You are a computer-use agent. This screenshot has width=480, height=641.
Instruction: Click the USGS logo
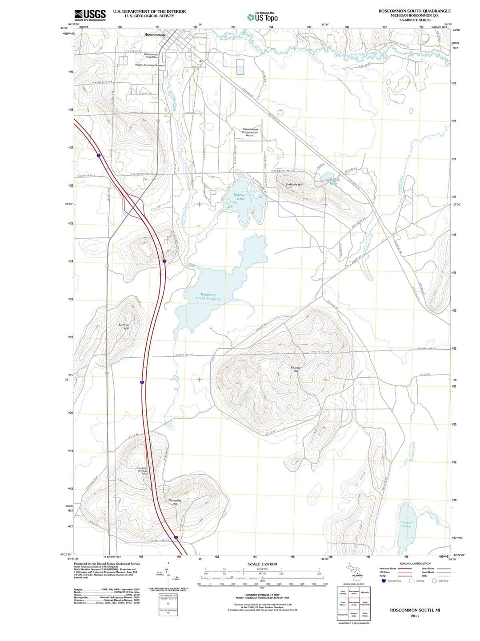coord(90,16)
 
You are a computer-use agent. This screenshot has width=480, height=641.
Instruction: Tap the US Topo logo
coord(263,17)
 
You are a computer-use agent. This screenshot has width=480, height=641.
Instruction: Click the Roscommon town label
coord(155,35)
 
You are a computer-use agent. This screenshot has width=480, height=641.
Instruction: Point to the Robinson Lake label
coord(241,197)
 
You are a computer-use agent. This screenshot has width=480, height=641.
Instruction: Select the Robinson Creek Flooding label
coord(208,296)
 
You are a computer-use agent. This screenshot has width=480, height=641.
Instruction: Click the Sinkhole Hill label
coord(294,184)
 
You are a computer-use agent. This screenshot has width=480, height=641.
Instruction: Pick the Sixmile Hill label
coord(124,327)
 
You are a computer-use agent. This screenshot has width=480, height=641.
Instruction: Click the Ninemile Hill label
coord(175,502)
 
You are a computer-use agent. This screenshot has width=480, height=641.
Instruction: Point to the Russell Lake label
coord(406,524)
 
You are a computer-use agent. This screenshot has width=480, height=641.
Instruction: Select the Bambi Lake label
coord(334,181)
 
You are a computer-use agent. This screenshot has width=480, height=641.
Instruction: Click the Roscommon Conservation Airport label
coord(250,132)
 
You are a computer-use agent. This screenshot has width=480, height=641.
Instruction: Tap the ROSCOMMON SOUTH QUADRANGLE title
coord(414,11)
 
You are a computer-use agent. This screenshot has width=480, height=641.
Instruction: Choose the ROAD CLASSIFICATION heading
coord(415,564)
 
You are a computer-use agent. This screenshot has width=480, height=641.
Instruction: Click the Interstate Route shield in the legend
coord(384,581)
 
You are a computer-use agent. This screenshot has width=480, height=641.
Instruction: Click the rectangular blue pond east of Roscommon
coord(240,67)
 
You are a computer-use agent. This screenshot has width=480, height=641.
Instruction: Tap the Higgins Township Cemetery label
coord(150,65)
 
